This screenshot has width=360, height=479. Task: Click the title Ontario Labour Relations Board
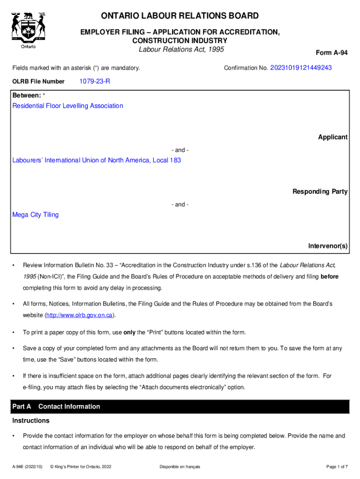pos(180,16)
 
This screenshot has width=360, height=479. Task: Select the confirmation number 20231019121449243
pos(301,68)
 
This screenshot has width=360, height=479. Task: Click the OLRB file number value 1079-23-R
pos(95,81)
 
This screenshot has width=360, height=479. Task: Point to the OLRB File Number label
pos(38,81)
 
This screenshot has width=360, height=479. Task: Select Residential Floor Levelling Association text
pos(68,106)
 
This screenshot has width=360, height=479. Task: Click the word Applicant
pos(332,137)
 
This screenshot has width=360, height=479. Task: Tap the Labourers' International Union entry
pos(96,160)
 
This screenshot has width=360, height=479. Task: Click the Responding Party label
pos(320,191)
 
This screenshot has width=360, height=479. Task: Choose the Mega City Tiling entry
pos(36,215)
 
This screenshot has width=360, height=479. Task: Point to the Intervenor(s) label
pos(327,246)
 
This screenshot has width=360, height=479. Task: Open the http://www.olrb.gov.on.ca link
pos(79,315)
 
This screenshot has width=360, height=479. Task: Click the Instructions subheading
pos(31,421)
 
